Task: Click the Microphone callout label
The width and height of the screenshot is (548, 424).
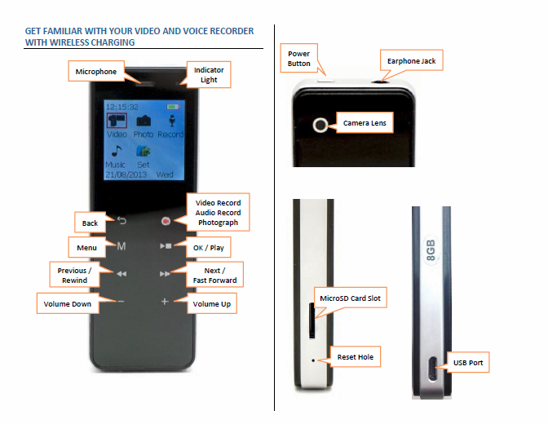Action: click(x=96, y=72)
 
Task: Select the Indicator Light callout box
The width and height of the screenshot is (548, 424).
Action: click(x=209, y=75)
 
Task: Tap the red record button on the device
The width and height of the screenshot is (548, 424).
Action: click(x=166, y=220)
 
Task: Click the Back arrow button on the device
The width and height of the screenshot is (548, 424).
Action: click(x=121, y=220)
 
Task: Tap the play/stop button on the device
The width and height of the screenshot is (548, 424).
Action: click(x=166, y=245)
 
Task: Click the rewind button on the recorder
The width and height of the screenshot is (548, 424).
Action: click(x=121, y=274)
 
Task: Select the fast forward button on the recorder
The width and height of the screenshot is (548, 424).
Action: click(x=166, y=274)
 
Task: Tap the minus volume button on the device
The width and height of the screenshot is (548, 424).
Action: click(x=120, y=302)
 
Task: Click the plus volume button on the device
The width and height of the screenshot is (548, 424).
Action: click(x=165, y=302)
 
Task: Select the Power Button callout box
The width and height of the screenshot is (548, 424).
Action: click(x=299, y=59)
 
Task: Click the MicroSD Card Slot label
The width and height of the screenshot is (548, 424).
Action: click(x=350, y=299)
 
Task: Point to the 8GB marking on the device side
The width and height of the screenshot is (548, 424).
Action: click(x=430, y=250)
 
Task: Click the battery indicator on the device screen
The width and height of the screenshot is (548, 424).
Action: click(x=172, y=107)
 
